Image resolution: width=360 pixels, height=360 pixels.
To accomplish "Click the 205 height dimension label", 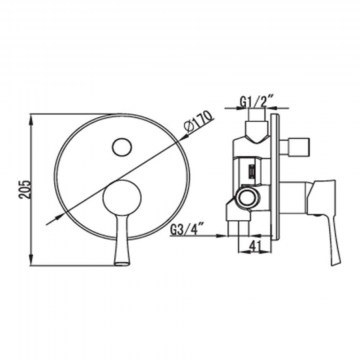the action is (26, 189).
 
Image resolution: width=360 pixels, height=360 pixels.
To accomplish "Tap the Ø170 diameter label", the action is (199, 122).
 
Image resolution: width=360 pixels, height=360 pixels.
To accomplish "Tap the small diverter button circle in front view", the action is (122, 147).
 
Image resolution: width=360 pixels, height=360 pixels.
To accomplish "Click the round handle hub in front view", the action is (122, 197).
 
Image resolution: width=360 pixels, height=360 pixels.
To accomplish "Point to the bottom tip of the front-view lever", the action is (122, 264).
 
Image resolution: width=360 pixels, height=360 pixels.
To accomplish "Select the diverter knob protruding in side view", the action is (295, 146).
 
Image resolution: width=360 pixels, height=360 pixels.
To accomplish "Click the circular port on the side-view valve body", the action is (247, 198).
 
